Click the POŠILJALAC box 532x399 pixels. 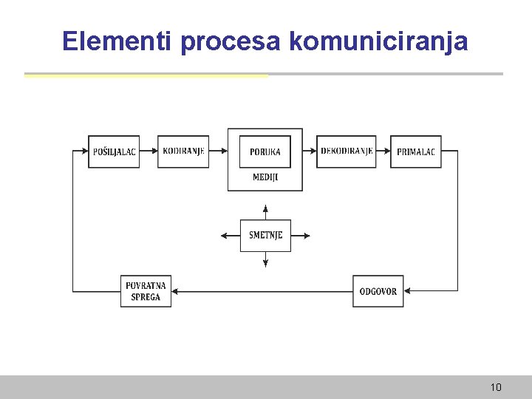(114, 151)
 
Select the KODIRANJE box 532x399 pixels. (183, 151)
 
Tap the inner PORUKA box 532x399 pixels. (265, 151)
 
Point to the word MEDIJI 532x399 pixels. (265, 177)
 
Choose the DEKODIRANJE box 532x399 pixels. (346, 151)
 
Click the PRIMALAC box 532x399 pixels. (416, 151)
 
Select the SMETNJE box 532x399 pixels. (265, 236)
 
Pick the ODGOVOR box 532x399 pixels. (378, 291)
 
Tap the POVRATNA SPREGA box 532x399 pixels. (146, 291)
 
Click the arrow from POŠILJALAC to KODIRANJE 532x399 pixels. (149, 151)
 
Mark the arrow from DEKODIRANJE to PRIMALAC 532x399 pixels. (383, 151)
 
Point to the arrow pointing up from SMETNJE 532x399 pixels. (265, 211)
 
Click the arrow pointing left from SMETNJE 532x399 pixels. (230, 236)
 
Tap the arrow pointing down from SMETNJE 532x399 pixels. (265, 259)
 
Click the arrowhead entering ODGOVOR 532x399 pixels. (407, 291)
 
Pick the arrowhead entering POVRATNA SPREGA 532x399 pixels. (175, 291)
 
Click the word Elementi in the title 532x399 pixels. (118, 41)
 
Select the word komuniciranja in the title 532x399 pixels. (378, 41)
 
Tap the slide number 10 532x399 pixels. (495, 387)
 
